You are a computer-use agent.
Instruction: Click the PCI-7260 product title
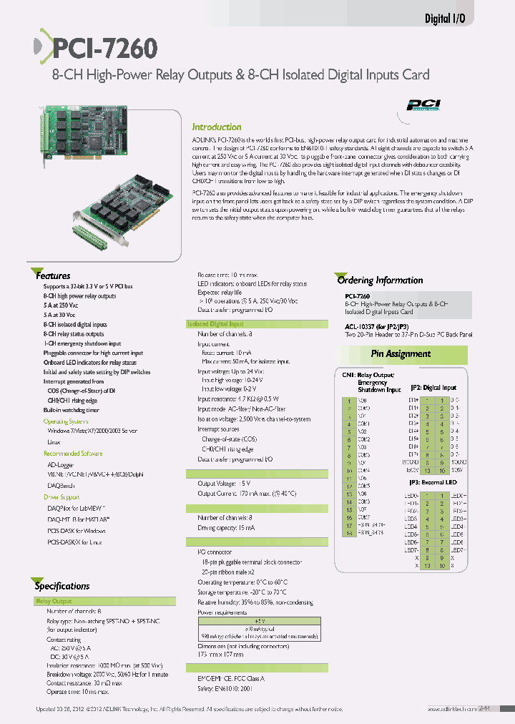coord(104,49)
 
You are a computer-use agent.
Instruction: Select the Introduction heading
coord(217,127)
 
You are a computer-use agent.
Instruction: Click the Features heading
coord(53,275)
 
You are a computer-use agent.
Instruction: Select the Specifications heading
coord(62,586)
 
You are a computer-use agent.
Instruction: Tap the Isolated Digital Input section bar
coord(215,324)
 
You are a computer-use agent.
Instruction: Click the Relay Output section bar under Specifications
coord(54,602)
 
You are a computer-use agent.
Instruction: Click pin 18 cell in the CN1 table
coord(348,533)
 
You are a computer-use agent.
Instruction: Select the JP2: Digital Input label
coord(432,388)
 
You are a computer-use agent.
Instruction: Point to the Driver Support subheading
coord(62,496)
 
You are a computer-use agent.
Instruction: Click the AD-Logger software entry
coord(60,464)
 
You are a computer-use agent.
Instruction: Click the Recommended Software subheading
coord(73,454)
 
